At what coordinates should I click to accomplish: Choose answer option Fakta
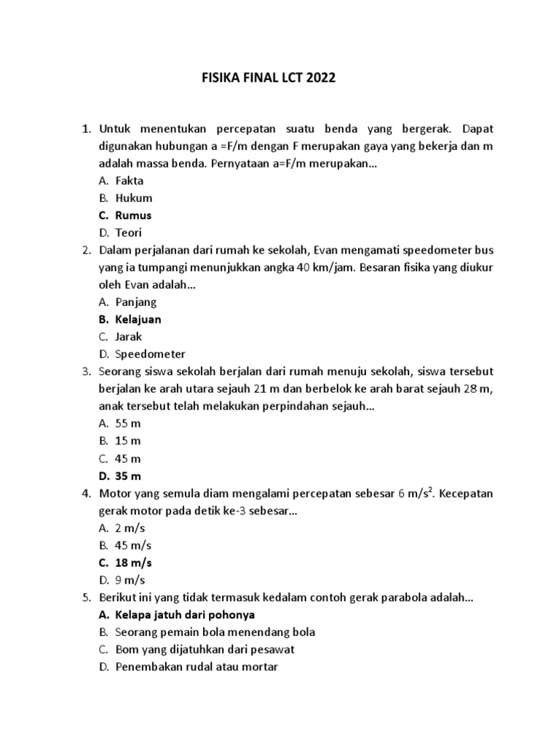click(129, 180)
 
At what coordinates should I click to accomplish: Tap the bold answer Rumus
click(133, 215)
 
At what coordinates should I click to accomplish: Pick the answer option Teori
click(128, 232)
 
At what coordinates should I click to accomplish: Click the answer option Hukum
click(133, 197)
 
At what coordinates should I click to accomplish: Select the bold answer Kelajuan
click(138, 319)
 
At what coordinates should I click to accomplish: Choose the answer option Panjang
click(135, 302)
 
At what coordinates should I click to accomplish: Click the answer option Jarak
click(129, 337)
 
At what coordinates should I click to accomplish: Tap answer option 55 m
click(127, 423)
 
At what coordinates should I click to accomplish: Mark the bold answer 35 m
click(128, 476)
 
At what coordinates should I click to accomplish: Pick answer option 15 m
click(127, 441)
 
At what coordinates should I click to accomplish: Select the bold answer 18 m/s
click(133, 562)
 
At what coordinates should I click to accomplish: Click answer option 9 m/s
click(130, 580)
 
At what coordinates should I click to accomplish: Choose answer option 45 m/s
click(133, 545)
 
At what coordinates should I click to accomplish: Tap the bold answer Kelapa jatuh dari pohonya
click(184, 614)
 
